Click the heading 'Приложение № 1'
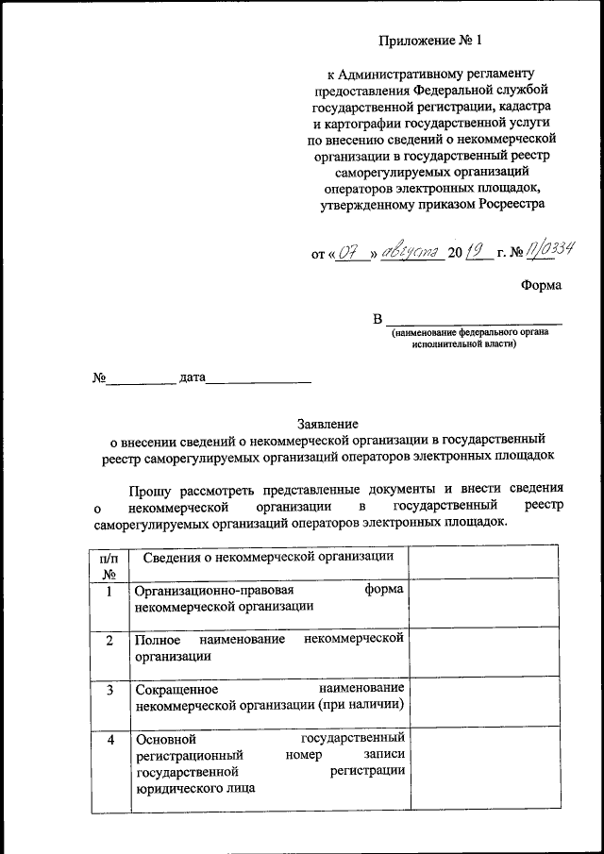click(429, 41)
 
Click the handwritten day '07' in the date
click(352, 252)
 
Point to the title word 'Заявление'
click(327, 424)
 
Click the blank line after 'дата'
click(259, 379)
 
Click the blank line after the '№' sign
click(141, 379)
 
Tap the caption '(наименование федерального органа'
click(471, 333)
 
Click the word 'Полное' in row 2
click(157, 640)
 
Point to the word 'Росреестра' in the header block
click(512, 203)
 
